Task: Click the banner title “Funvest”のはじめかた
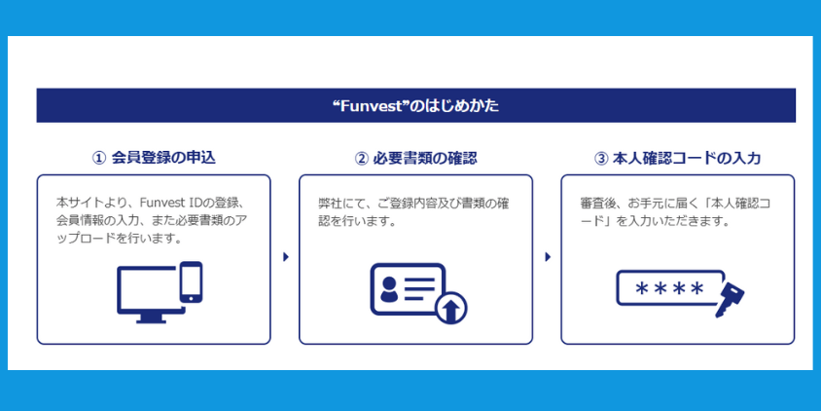pos(415,106)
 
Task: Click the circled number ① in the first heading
pos(99,159)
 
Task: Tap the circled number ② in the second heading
pos(361,159)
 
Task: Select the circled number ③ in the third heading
pos(600,159)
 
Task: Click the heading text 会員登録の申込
pos(163,159)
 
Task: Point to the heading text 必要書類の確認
pos(425,159)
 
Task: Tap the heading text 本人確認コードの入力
pos(687,159)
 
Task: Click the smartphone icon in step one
pos(191,282)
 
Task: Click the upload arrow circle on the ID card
pos(450,308)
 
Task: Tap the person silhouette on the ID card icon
pos(388,290)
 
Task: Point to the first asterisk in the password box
pos(641,288)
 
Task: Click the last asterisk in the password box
pos(696,288)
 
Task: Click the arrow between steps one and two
pos(286,257)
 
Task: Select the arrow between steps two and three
pos(548,257)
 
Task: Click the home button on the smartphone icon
pos(191,298)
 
